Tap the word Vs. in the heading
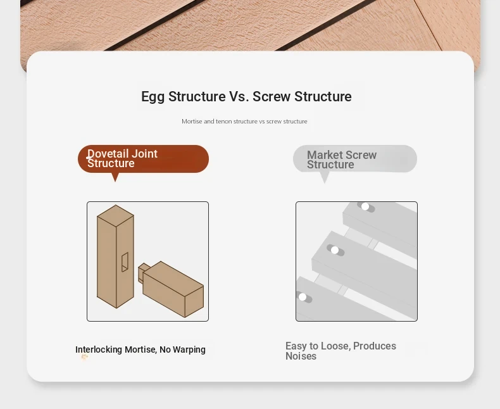[x=239, y=96]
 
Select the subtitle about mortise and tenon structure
[x=244, y=121]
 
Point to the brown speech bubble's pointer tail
[x=115, y=177]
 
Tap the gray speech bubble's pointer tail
[x=324, y=177]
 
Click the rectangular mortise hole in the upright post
[x=125, y=262]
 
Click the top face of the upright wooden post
[x=115, y=216]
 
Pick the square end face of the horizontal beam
[x=194, y=301]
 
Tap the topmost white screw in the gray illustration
[x=365, y=207]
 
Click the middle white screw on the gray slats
[x=335, y=250]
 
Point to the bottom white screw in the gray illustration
[x=303, y=297]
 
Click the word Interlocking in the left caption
[x=99, y=349]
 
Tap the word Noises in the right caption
[x=301, y=356]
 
